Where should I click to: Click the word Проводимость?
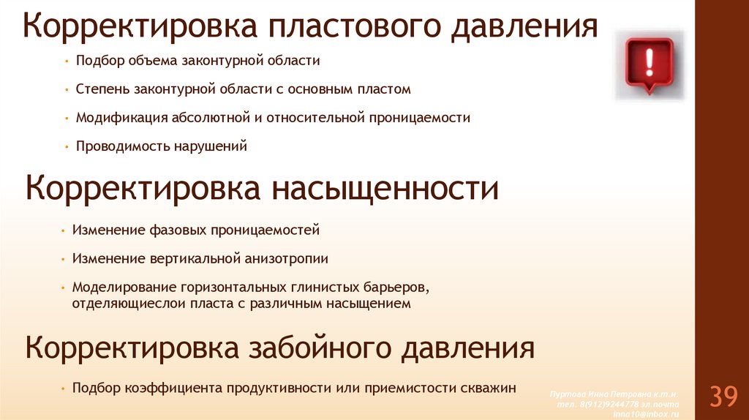pyautogui.click(x=123, y=146)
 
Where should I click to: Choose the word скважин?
pyautogui.click(x=489, y=388)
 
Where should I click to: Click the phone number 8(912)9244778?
pyautogui.click(x=612, y=405)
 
